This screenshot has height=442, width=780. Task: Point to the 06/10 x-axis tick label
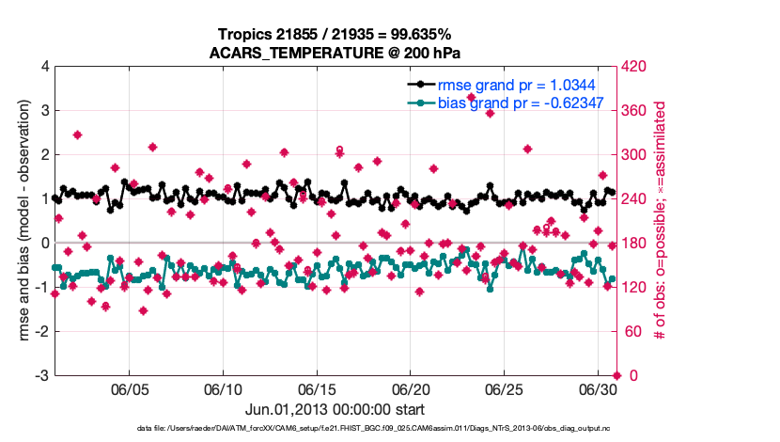point(224,388)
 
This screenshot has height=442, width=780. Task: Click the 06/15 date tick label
point(317,388)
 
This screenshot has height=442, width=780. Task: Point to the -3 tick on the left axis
point(42,375)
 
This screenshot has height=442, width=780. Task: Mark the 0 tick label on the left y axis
point(45,243)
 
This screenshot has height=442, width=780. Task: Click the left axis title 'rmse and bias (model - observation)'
point(21,221)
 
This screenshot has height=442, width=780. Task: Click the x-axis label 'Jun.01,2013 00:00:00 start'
point(335,409)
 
